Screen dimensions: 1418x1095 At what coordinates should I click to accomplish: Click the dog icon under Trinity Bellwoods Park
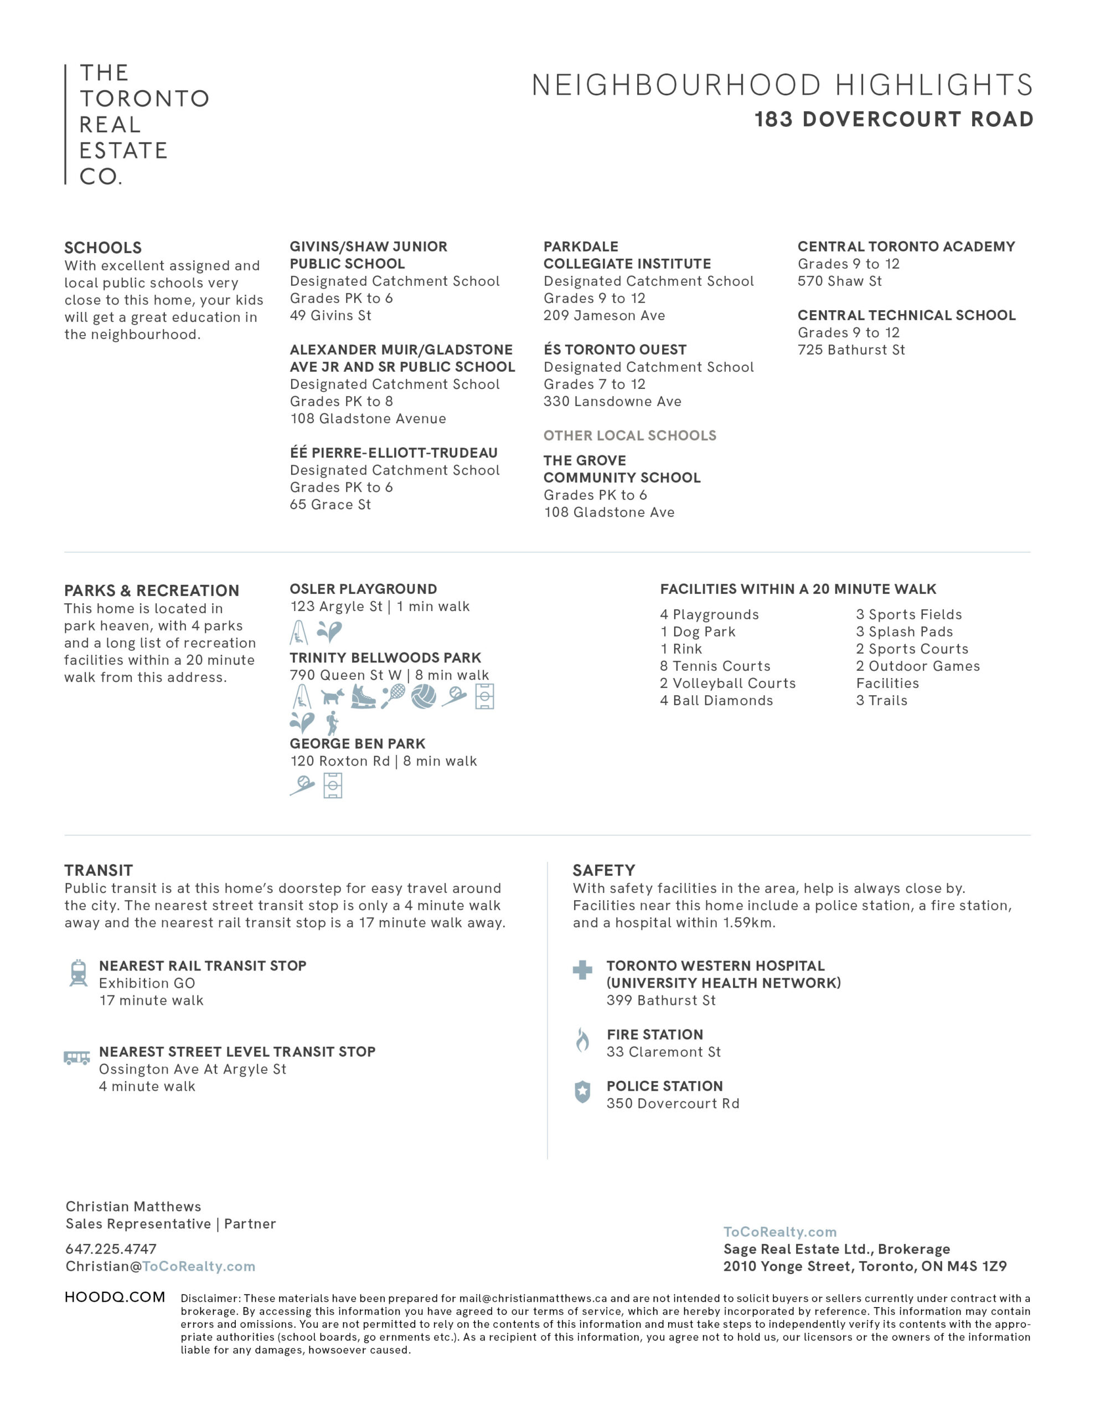point(332,697)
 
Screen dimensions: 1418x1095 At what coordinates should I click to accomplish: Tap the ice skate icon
point(363,697)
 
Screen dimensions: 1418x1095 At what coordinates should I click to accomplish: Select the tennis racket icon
point(394,696)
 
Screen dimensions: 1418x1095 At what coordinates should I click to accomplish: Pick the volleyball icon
point(423,696)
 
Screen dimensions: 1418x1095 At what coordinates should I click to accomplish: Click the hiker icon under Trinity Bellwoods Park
point(332,723)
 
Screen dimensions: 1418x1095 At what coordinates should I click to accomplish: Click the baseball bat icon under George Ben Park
point(302,786)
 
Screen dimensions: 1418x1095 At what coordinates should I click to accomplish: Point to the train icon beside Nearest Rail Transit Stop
point(79,973)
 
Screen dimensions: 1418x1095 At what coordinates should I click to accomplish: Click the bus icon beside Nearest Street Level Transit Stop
point(76,1057)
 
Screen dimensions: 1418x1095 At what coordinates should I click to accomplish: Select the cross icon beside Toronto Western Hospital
point(582,970)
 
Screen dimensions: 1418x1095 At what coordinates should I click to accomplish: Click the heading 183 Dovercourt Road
point(893,120)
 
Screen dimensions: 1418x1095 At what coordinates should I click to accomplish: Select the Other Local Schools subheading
point(629,436)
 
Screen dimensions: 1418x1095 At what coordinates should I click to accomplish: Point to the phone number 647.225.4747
point(111,1249)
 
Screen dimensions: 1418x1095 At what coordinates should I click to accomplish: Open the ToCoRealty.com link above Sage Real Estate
point(779,1232)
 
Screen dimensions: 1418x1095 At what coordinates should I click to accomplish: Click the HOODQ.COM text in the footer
point(115,1297)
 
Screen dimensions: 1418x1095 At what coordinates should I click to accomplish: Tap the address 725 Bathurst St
point(851,350)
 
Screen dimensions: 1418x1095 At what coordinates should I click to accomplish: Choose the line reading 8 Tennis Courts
point(715,666)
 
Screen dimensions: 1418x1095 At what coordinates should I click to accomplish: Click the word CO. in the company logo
point(101,177)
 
